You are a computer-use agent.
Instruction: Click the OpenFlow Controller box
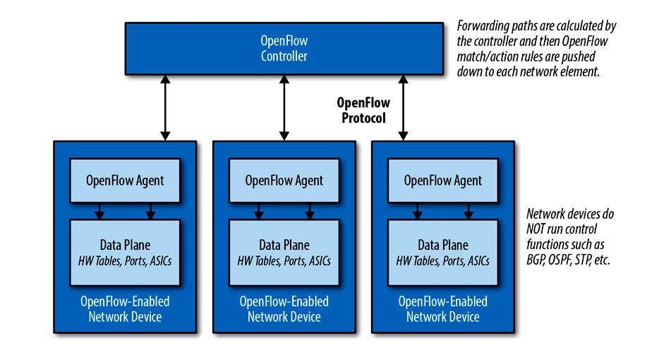(x=284, y=49)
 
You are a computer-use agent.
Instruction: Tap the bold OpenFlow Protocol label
(x=363, y=110)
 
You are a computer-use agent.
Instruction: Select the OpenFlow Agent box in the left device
(x=125, y=181)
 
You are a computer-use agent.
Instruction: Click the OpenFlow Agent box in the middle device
(x=284, y=181)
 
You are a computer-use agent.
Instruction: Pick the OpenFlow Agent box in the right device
(x=443, y=181)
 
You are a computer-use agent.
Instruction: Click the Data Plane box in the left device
(x=125, y=253)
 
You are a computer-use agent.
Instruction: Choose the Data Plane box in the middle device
(x=284, y=253)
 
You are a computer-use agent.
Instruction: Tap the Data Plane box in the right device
(x=443, y=253)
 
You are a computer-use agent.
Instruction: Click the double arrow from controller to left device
(x=165, y=108)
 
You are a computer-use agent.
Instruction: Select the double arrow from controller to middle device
(x=284, y=108)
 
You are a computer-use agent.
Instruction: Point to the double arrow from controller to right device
(x=403, y=108)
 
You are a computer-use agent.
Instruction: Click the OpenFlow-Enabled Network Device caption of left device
(x=125, y=308)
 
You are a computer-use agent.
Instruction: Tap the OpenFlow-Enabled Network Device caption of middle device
(x=284, y=308)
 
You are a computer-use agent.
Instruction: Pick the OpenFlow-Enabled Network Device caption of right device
(x=443, y=308)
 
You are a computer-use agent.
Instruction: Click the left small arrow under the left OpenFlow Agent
(x=99, y=211)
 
